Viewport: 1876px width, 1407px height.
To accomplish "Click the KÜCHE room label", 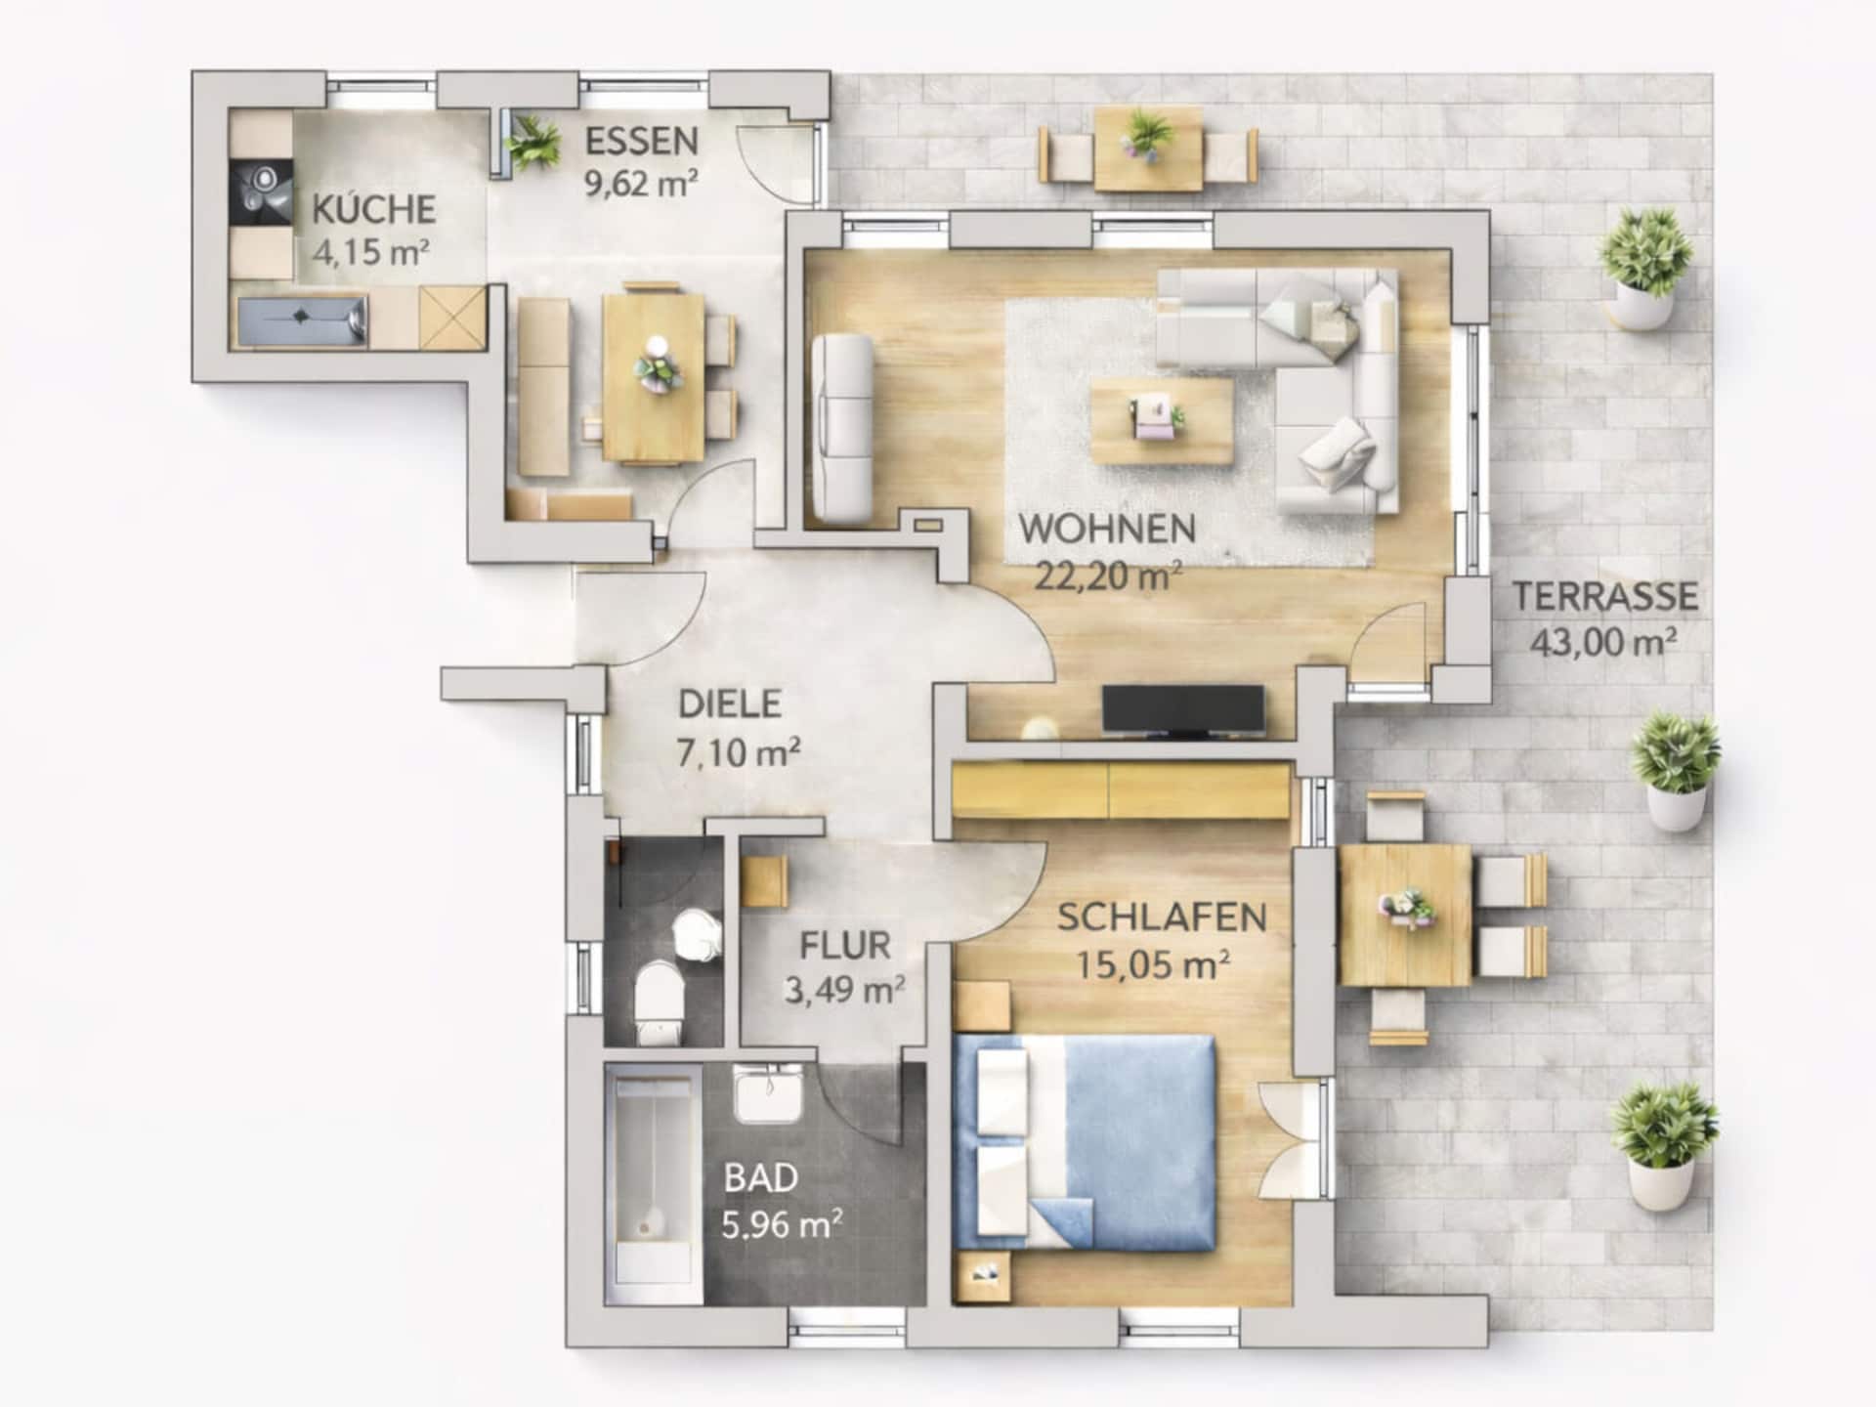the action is point(373,209).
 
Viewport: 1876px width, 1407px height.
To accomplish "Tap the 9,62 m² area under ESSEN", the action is point(642,183).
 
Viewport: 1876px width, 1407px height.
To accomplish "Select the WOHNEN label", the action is point(1107,529).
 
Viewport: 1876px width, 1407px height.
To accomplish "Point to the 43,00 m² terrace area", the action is point(1603,643).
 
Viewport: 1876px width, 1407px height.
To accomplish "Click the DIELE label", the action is point(730,704).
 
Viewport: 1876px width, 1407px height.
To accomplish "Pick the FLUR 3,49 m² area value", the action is point(844,990).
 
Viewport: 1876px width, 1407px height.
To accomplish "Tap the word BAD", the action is point(761,1178).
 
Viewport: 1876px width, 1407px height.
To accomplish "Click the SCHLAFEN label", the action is point(1162,917).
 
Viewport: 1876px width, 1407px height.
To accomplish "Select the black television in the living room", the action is point(1183,709).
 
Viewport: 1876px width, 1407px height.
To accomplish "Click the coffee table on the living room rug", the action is point(1162,421).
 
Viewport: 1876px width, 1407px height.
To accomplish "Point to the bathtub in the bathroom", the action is point(652,1183).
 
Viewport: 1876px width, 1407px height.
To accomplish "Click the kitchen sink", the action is point(302,320).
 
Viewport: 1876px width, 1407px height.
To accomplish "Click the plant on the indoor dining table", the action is point(656,366).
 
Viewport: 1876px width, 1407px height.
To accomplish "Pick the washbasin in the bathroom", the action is point(769,1093).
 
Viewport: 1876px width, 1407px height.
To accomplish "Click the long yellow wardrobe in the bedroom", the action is point(1121,789).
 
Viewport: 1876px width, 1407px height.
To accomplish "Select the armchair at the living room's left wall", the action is point(841,427).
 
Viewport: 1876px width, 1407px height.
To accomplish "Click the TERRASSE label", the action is point(1605,596).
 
